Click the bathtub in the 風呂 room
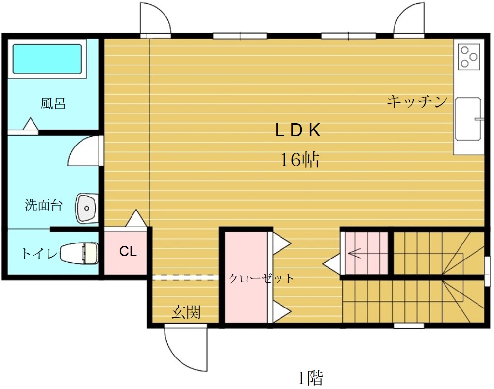coord(47,59)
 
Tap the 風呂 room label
coord(52,104)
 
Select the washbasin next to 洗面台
coord(87,208)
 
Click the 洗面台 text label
coord(44,205)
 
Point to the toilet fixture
coord(79,253)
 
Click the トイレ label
coord(40,253)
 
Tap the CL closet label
coord(128,251)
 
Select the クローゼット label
coord(261,278)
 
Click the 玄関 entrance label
coord(186,312)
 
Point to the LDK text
coord(298,130)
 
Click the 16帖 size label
coord(300,160)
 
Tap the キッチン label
coord(417,102)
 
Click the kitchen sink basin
coord(468,119)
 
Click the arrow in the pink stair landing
coord(354,253)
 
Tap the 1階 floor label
coord(310,378)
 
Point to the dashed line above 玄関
coord(186,277)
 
